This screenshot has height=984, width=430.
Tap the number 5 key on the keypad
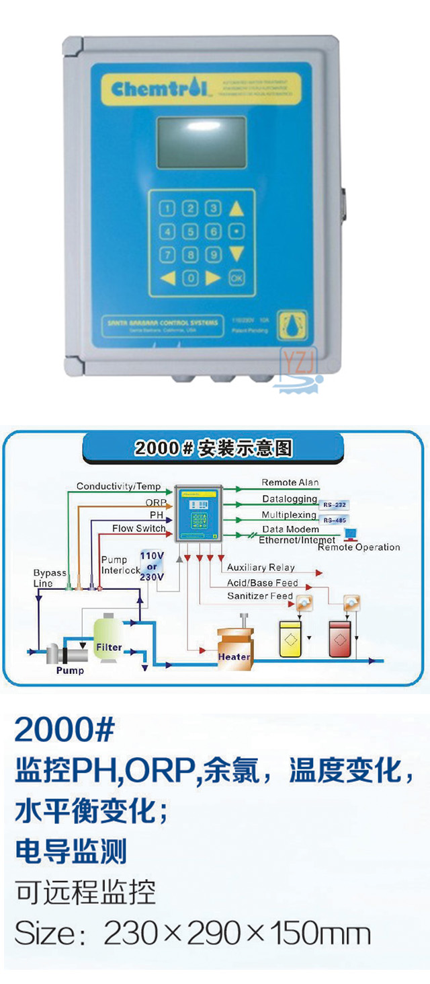tap(191, 232)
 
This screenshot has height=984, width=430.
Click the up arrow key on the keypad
tap(236, 209)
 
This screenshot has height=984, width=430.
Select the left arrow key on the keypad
tap(168, 277)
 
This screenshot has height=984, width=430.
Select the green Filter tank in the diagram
tap(108, 639)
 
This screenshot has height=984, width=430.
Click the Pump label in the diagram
tap(70, 670)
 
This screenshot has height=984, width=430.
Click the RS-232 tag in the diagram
tap(335, 504)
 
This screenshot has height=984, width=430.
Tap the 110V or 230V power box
tap(153, 563)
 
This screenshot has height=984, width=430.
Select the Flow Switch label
tap(138, 529)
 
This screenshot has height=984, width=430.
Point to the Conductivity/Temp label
tap(118, 486)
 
